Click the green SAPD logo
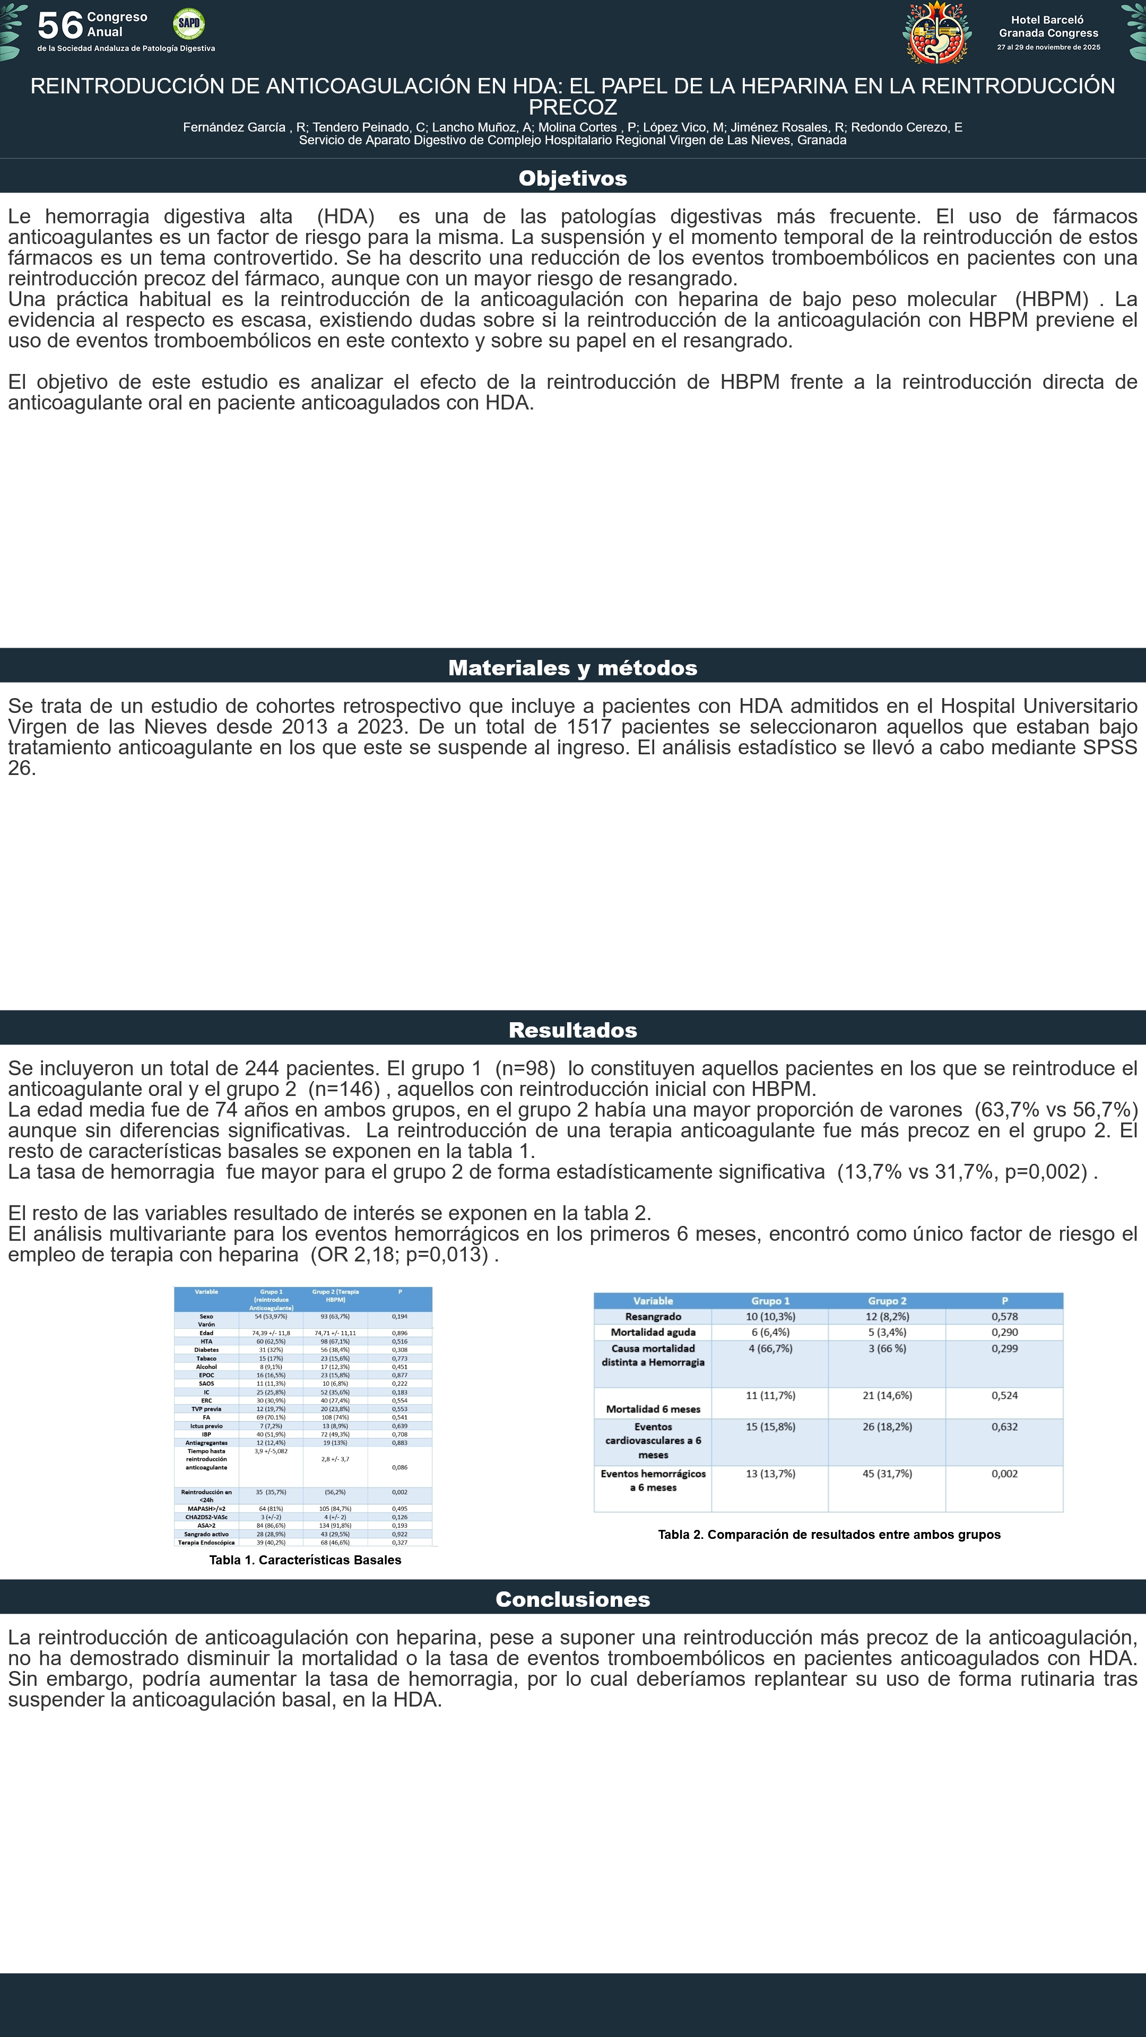pyautogui.click(x=188, y=24)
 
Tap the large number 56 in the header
pyautogui.click(x=60, y=25)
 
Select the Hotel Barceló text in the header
pyautogui.click(x=1047, y=20)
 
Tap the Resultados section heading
pyautogui.click(x=572, y=1030)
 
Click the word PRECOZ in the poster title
pyautogui.click(x=572, y=107)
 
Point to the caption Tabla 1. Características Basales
pyautogui.click(x=305, y=1560)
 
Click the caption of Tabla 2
pyautogui.click(x=829, y=1535)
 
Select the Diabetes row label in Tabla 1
pyautogui.click(x=206, y=1350)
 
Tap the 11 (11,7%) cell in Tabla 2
pyautogui.click(x=770, y=1396)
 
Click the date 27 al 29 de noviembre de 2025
pyautogui.click(x=1048, y=47)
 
